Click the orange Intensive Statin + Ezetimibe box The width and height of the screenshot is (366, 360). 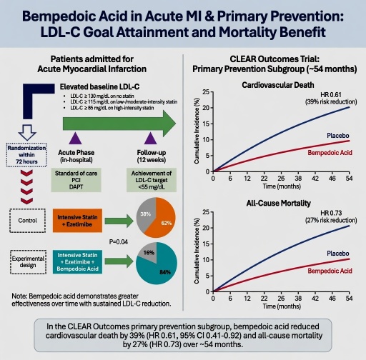point(77,221)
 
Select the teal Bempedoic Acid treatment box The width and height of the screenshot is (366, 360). point(77,262)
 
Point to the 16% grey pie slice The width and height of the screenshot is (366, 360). point(149,252)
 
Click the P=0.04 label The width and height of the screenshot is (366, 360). point(119,242)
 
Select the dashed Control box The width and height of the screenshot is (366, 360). point(28,221)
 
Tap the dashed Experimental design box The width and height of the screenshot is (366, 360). point(28,262)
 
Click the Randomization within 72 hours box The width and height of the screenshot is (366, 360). point(26,155)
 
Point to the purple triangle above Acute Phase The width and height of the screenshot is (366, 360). point(75,139)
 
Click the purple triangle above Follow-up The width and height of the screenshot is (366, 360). point(151,139)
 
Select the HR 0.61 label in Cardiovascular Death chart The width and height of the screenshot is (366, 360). point(331,95)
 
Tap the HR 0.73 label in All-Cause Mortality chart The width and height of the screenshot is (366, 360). point(331,213)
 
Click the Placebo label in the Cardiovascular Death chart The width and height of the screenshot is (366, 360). point(338,136)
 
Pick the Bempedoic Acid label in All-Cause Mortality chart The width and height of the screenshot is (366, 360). point(330,271)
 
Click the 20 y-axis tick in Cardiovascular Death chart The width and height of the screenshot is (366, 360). point(206,108)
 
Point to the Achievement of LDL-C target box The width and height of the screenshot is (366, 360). point(152,180)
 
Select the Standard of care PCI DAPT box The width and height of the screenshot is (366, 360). point(76,180)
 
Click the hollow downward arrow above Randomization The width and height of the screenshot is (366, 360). point(27,133)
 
